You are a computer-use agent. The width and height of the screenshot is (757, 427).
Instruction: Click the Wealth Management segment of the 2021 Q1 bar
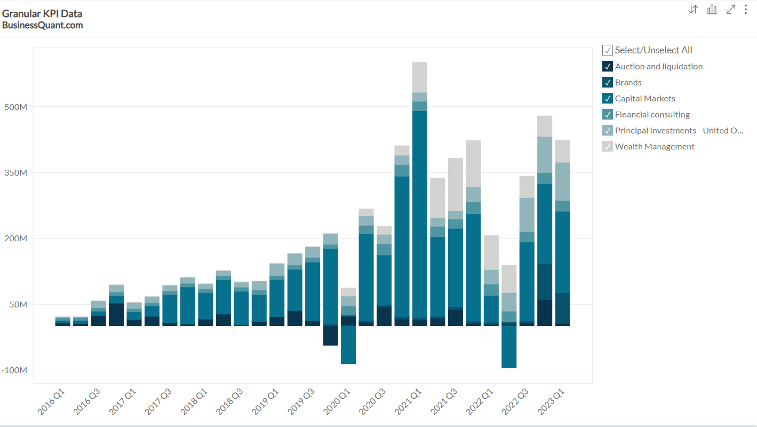click(x=420, y=77)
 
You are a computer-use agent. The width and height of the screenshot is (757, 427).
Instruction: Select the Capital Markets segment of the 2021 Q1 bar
click(x=420, y=213)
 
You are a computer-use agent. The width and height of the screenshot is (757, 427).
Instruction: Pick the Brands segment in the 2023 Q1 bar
click(x=563, y=308)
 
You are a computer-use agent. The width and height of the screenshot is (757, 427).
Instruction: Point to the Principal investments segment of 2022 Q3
click(x=527, y=215)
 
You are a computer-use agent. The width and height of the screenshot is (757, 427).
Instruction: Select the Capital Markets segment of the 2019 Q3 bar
click(x=313, y=291)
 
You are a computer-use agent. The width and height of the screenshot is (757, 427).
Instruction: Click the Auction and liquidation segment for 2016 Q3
click(x=98, y=320)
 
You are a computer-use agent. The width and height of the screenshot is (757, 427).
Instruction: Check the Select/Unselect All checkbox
click(x=608, y=50)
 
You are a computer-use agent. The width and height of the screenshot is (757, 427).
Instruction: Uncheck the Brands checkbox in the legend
click(x=608, y=82)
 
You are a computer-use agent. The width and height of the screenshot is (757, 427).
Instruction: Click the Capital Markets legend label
click(x=645, y=98)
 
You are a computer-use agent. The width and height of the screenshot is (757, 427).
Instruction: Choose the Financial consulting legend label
click(x=652, y=114)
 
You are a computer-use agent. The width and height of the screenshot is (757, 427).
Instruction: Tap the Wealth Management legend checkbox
click(x=608, y=146)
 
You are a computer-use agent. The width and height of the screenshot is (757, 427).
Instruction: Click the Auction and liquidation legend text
click(x=658, y=66)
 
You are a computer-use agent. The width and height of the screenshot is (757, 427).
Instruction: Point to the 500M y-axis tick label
click(x=15, y=107)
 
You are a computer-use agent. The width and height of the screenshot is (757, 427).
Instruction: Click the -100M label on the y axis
click(x=14, y=370)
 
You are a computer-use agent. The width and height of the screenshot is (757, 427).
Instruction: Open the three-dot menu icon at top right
click(x=746, y=10)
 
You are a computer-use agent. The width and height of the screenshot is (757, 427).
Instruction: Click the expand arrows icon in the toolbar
click(x=731, y=10)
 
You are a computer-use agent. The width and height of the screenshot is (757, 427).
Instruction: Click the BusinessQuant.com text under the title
click(x=42, y=25)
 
